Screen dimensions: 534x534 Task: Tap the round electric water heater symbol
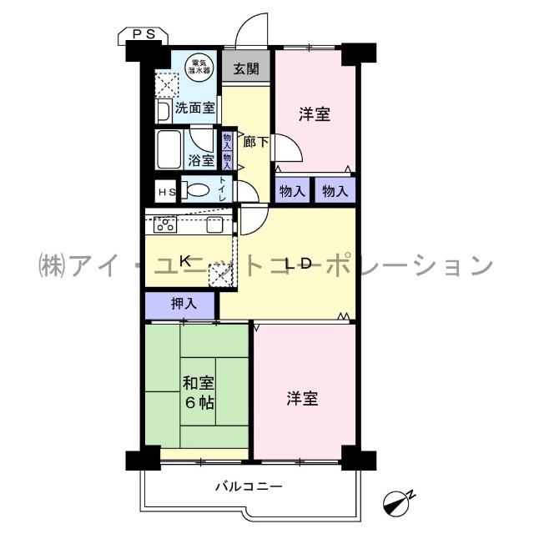click(199, 66)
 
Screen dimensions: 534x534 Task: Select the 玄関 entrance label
click(246, 68)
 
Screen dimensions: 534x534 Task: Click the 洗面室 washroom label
click(195, 108)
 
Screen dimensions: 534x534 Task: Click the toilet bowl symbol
click(197, 190)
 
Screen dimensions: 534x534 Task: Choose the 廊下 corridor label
click(255, 142)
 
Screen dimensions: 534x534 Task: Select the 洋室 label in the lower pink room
click(303, 398)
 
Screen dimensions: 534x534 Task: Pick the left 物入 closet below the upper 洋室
click(293, 190)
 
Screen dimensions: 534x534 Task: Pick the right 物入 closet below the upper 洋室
click(335, 190)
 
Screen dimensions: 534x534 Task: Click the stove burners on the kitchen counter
click(164, 224)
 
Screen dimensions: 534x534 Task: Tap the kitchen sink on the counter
click(214, 224)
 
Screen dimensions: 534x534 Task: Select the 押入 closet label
click(184, 305)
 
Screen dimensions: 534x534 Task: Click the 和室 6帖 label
click(199, 393)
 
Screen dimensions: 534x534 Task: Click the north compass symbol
click(397, 500)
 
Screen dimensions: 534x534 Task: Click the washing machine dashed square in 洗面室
click(166, 84)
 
